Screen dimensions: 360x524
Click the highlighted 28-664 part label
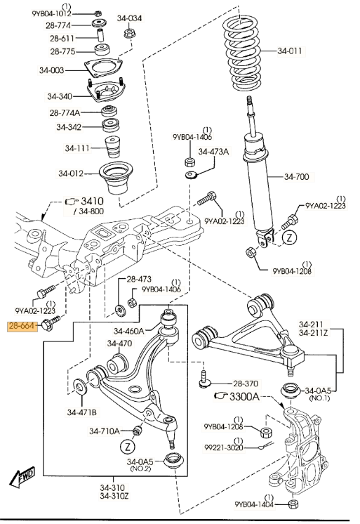click(x=22, y=325)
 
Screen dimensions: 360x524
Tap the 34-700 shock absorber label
click(x=297, y=176)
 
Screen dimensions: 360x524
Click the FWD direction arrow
click(x=22, y=476)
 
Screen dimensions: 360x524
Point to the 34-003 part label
click(x=51, y=70)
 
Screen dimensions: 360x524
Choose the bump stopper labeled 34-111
click(x=112, y=147)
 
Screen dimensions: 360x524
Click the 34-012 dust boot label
click(x=70, y=173)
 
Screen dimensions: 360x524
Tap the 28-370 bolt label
click(x=246, y=384)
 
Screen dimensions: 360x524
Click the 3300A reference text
click(x=244, y=397)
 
